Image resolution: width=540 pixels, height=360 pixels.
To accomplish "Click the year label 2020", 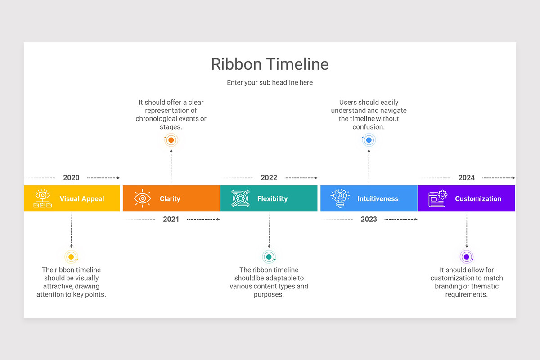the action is pos(71,178).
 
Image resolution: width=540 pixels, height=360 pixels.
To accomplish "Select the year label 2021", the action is pos(171,219).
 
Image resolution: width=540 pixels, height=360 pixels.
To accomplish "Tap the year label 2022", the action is pos(269,178).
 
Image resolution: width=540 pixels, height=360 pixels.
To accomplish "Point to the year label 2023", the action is pos(369,219).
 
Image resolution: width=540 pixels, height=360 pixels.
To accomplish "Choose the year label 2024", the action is pos(467,178).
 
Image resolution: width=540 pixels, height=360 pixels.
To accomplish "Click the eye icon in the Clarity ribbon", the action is pos(143,198).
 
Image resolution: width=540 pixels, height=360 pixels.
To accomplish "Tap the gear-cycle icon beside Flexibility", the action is pos(240,198).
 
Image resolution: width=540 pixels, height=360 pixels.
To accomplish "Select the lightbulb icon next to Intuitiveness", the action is pos(340,198).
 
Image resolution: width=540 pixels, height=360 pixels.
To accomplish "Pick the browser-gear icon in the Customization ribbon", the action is pos(438,198).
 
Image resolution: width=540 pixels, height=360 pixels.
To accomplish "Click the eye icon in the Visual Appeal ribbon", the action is pos(43,198).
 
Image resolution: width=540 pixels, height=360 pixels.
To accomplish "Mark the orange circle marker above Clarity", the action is pos(171,140).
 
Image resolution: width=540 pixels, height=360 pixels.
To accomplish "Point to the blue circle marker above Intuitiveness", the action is pos(369,140).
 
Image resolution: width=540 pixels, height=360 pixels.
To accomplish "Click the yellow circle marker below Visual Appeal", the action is pos(71,257).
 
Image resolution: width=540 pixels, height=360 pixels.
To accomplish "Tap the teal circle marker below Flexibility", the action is pos(269,257).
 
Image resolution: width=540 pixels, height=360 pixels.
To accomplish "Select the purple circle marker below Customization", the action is pos(467,257).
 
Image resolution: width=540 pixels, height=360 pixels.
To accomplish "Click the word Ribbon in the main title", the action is pos(236,64).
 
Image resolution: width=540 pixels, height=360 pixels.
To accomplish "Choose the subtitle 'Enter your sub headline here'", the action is pos(270,82).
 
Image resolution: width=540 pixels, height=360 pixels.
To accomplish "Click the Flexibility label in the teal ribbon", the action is pos(272,199).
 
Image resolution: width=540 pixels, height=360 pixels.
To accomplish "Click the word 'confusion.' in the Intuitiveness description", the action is pos(369,127).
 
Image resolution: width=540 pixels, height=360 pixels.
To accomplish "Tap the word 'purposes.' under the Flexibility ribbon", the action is pos(269,295).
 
